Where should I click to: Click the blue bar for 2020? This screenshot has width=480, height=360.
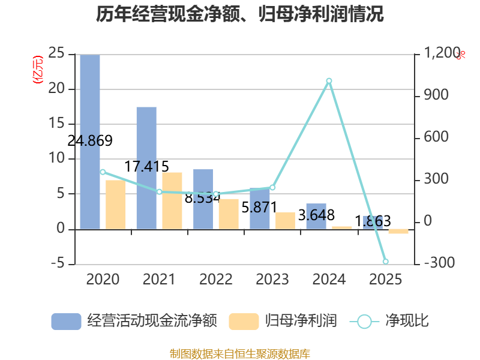click(x=90, y=142)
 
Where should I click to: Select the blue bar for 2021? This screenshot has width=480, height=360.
click(x=146, y=168)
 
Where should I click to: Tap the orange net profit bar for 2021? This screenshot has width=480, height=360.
click(x=172, y=201)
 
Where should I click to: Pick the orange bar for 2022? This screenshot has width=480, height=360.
click(x=229, y=214)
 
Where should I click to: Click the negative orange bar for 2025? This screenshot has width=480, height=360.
click(x=398, y=232)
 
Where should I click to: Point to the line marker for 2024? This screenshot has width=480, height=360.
click(x=329, y=81)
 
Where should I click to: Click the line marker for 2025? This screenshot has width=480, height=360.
click(x=386, y=262)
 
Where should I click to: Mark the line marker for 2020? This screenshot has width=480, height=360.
click(x=103, y=172)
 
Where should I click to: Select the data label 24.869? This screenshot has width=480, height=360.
click(x=90, y=141)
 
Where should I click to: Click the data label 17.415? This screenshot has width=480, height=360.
click(x=146, y=167)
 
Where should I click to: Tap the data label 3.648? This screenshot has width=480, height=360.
click(x=316, y=215)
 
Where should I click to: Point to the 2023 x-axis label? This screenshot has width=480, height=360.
click(x=272, y=279)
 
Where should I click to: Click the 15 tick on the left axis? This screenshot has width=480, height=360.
click(x=56, y=124)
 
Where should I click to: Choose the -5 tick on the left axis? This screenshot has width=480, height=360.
click(x=58, y=263)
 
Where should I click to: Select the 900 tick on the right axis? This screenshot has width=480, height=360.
click(x=436, y=95)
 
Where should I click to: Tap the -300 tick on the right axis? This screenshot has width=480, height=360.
click(x=439, y=263)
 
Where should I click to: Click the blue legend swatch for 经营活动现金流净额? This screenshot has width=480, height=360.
click(x=66, y=322)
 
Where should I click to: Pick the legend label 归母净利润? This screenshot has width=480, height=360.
click(x=301, y=321)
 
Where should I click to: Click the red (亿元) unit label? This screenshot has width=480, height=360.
click(x=38, y=70)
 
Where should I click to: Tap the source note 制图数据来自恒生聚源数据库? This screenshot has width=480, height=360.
click(x=240, y=354)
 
